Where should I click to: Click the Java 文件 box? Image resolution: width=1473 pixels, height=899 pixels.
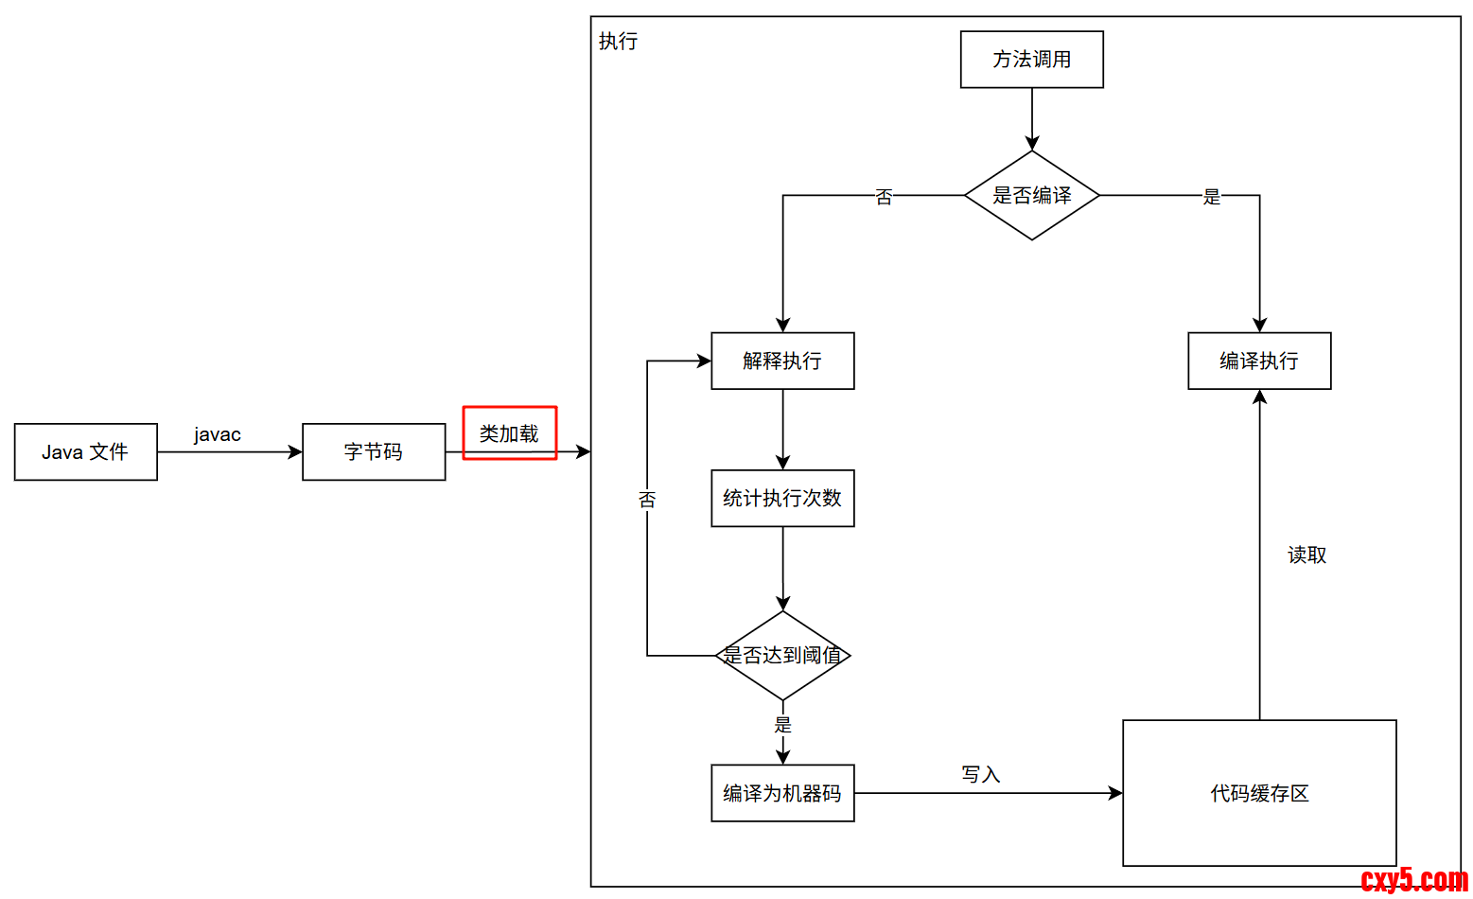click(x=85, y=452)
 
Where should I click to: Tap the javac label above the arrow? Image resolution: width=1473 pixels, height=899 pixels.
click(x=217, y=434)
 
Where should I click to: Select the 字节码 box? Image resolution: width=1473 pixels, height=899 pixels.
click(x=374, y=452)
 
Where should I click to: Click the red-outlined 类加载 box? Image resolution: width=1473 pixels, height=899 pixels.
click(x=509, y=433)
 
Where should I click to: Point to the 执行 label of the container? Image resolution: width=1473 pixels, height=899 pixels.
click(x=618, y=42)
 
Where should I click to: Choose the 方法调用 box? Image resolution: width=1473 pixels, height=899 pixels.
click(x=1031, y=60)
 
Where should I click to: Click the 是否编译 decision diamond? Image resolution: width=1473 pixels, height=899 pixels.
click(x=1031, y=196)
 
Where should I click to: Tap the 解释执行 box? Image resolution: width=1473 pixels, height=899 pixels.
click(x=782, y=361)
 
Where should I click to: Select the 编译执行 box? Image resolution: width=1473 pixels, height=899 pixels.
click(x=1259, y=361)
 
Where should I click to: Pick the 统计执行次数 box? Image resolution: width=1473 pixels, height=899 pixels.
click(x=782, y=499)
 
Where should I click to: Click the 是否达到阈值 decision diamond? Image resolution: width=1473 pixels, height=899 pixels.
click(x=782, y=655)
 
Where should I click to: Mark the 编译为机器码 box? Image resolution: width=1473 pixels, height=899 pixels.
click(x=782, y=793)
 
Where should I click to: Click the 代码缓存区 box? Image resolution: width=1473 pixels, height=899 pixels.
click(x=1259, y=793)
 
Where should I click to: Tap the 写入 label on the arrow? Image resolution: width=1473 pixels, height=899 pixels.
click(x=980, y=775)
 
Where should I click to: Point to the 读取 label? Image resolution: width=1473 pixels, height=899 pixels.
click(x=1306, y=555)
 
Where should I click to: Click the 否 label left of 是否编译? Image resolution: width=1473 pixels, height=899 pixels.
click(x=884, y=197)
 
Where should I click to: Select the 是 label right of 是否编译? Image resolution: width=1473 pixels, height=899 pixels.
click(x=1211, y=197)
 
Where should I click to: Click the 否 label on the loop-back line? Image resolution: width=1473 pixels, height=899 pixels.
click(x=647, y=500)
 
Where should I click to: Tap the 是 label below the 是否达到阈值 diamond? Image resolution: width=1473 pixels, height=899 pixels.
click(x=782, y=725)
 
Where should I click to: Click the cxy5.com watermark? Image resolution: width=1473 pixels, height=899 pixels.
click(x=1413, y=880)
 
